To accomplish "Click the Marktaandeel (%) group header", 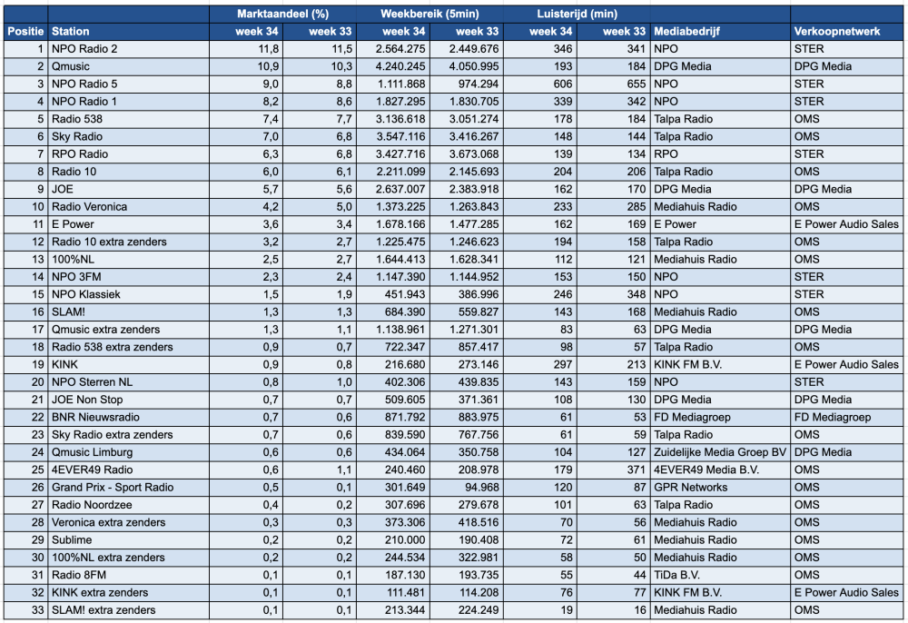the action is point(282,14).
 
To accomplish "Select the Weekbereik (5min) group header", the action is point(429,14).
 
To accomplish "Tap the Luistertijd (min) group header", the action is point(577,14).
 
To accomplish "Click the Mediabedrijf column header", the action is point(686,31).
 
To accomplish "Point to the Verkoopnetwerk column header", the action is point(837,31).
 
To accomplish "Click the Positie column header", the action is point(25,31).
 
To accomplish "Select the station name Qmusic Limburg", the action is point(92,452).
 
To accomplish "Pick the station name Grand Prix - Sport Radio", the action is point(113,488).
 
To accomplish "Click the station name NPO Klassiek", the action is point(85,294).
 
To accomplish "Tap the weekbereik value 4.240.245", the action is point(400,66).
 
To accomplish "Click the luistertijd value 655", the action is point(636,84).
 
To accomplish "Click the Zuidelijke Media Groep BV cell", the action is point(720,452).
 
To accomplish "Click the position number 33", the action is point(37,610).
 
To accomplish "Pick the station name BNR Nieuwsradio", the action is point(95,418).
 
